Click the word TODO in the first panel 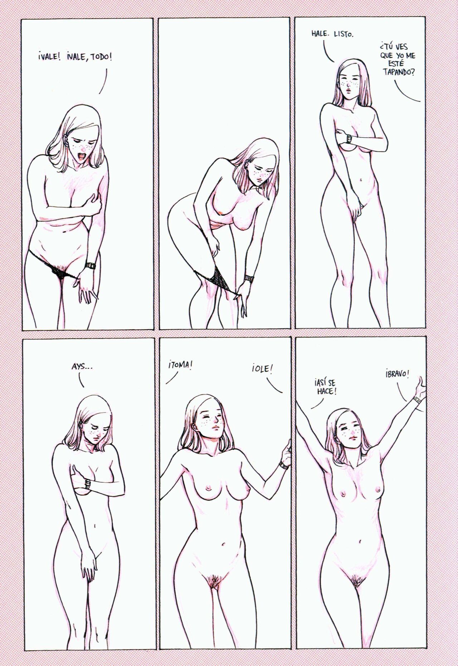(x=101, y=57)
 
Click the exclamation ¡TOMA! (x=179, y=366)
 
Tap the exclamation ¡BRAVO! (x=398, y=374)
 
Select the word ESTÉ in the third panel (x=396, y=64)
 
